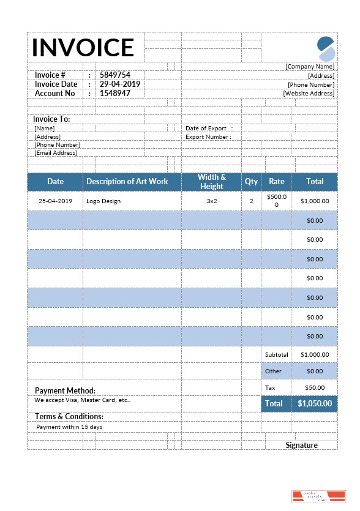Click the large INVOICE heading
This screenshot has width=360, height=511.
(x=83, y=48)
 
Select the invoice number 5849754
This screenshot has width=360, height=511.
(x=115, y=75)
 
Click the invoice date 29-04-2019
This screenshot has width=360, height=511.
(x=120, y=84)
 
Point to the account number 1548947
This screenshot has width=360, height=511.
(x=115, y=94)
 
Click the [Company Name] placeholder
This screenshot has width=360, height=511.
(x=310, y=66)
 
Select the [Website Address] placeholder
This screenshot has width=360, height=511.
(x=309, y=94)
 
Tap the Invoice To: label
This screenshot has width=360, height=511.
(x=51, y=119)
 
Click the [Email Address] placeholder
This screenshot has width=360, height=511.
(x=56, y=153)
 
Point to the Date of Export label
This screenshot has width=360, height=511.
(x=206, y=129)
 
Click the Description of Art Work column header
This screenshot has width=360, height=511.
(x=127, y=182)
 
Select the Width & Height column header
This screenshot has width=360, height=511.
(x=212, y=182)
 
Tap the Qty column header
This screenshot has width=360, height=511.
(x=251, y=182)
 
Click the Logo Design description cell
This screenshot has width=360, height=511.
(x=103, y=201)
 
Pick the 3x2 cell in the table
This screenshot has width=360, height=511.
(x=212, y=201)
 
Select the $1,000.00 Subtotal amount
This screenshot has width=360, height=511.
(x=315, y=354)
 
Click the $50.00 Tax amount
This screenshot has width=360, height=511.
(x=315, y=387)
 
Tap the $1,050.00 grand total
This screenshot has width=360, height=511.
(x=315, y=404)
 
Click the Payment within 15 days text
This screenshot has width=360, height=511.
(x=69, y=427)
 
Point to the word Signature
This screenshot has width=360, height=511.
(x=301, y=445)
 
